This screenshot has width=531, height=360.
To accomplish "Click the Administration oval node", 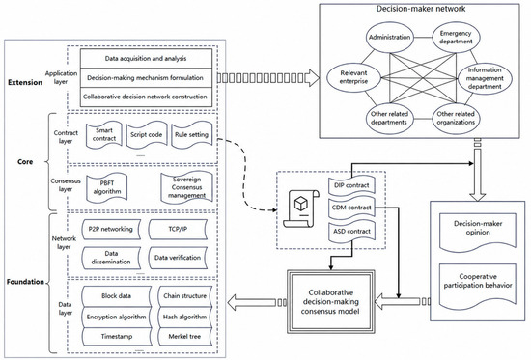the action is point(389,38).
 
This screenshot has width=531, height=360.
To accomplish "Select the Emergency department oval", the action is point(456,38).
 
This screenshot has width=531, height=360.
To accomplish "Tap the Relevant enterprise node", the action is point(354,77).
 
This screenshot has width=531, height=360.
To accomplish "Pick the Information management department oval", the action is point(485,78).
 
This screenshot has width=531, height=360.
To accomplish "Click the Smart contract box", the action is point(104,135).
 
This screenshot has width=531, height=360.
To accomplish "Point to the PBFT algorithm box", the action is point(106,187).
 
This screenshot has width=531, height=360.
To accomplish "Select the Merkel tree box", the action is point(184,336).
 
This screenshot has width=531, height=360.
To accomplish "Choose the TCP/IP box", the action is point(178,230).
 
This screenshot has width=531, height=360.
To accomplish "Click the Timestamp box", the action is point(117,336).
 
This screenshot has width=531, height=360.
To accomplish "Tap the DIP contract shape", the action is point(351,185).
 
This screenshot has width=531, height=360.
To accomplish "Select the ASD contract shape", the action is point(351,232).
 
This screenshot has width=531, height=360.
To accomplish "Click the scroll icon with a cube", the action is point(301,208).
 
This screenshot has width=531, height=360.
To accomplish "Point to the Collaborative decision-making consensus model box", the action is point(330,302).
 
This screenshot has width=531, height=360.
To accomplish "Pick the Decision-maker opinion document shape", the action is point(478,232).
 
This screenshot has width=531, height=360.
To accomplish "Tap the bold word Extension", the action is point(25,82).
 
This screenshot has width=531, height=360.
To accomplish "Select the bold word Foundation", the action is point(25,282).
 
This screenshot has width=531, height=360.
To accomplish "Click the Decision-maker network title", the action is point(421,9).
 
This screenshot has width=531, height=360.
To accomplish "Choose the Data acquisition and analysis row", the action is point(146,59).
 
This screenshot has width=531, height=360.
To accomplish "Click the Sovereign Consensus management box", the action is point(186,187).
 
